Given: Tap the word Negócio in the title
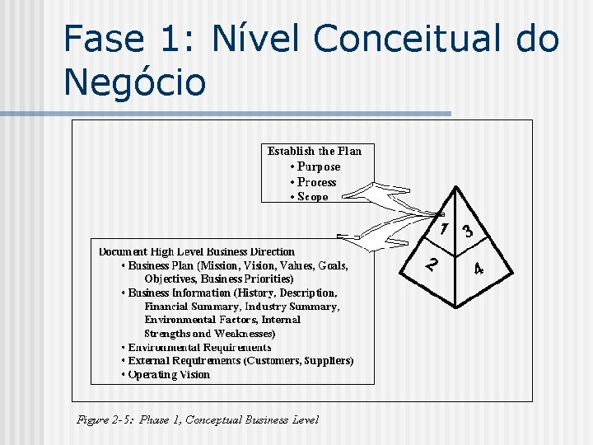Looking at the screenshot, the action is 134,82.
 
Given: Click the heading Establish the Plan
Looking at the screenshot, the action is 314,151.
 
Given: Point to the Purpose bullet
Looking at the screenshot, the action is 318,166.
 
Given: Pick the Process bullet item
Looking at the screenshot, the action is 316,182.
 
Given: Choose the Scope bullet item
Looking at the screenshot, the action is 312,197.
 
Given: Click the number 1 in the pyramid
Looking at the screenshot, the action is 444,228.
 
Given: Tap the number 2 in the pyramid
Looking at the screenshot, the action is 432,265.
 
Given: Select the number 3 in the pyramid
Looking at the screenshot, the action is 467,232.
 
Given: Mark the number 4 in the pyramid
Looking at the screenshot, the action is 479,269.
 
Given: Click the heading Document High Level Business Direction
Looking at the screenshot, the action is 197,251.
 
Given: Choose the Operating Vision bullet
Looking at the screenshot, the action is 169,374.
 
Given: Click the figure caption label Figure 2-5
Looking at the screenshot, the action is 105,419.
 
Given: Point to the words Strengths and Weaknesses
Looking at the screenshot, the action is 209,334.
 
